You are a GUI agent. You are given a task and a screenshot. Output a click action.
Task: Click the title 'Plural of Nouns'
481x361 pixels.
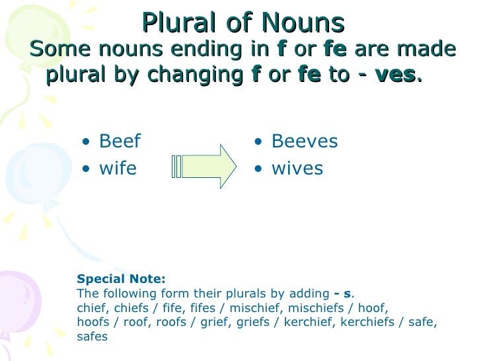(x=242, y=23)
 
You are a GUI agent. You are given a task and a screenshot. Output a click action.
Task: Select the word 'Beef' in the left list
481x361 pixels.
(x=120, y=141)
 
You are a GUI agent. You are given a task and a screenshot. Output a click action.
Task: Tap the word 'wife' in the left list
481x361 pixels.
(x=118, y=169)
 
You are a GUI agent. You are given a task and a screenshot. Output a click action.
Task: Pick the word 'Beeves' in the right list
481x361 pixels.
(x=305, y=141)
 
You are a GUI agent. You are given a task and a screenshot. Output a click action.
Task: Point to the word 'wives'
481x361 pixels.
(x=297, y=169)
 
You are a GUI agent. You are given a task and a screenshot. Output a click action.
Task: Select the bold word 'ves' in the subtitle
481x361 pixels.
(x=395, y=75)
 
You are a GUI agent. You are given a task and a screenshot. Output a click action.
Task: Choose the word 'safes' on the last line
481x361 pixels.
(x=92, y=337)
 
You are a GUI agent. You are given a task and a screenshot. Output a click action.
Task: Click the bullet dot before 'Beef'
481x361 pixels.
(x=87, y=142)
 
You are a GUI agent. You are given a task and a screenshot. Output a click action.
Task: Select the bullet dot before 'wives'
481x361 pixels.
(x=260, y=169)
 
